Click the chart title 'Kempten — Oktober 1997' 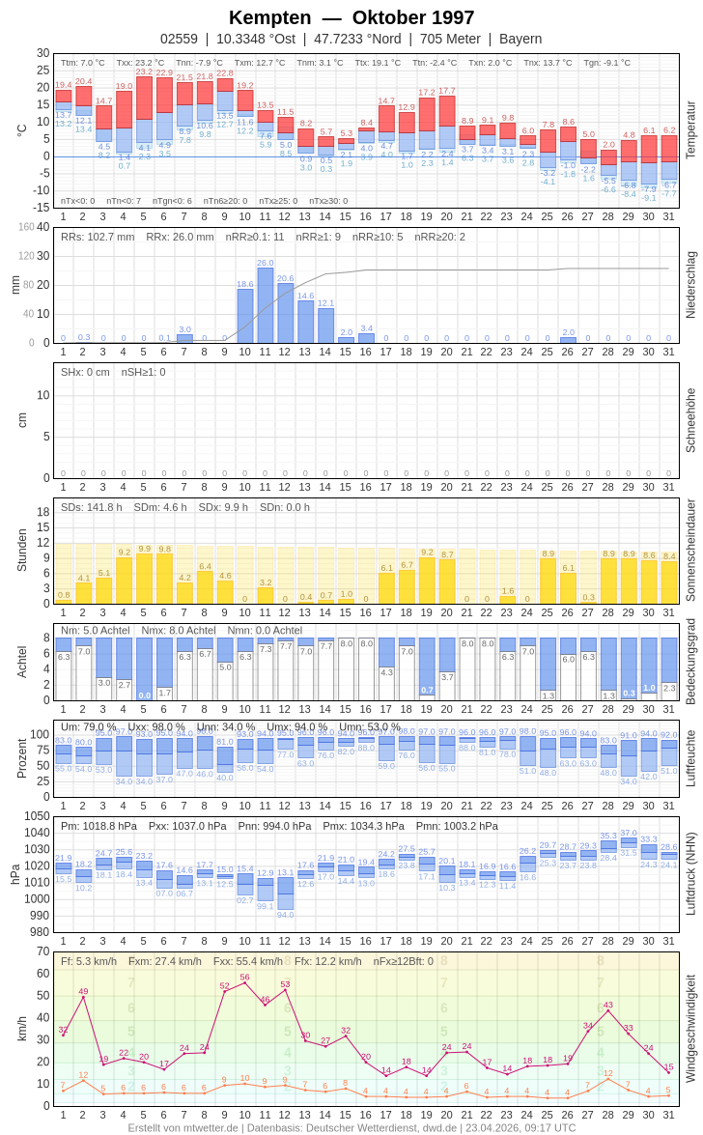click(x=351, y=17)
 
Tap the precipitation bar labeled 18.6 click(x=245, y=316)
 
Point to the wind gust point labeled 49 click(x=83, y=997)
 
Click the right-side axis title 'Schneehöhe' click(x=689, y=420)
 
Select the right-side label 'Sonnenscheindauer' click(x=689, y=551)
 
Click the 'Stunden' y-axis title click(x=21, y=551)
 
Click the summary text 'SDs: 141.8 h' click(x=92, y=507)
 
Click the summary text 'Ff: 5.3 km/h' click(x=89, y=961)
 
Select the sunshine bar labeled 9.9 click(x=144, y=578)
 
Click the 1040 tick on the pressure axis click(x=37, y=833)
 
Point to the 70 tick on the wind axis click(x=42, y=951)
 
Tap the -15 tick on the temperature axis click(x=40, y=208)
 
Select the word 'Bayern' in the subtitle click(x=520, y=39)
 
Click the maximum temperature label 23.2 click(x=144, y=71)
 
